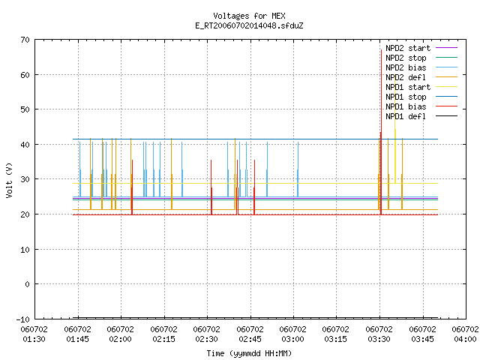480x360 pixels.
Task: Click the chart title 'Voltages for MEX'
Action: [249, 16]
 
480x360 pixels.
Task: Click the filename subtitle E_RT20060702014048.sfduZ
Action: [249, 25]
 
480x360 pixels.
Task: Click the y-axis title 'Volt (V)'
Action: [9, 180]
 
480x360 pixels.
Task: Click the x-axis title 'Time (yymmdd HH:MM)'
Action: [249, 353]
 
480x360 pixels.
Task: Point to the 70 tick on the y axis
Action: [25, 40]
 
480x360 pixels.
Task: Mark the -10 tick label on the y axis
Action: [23, 319]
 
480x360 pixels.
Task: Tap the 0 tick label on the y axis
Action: [28, 284]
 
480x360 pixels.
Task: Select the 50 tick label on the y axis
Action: [25, 109]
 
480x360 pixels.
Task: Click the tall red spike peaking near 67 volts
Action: [381, 132]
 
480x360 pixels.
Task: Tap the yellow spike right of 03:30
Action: [395, 135]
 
